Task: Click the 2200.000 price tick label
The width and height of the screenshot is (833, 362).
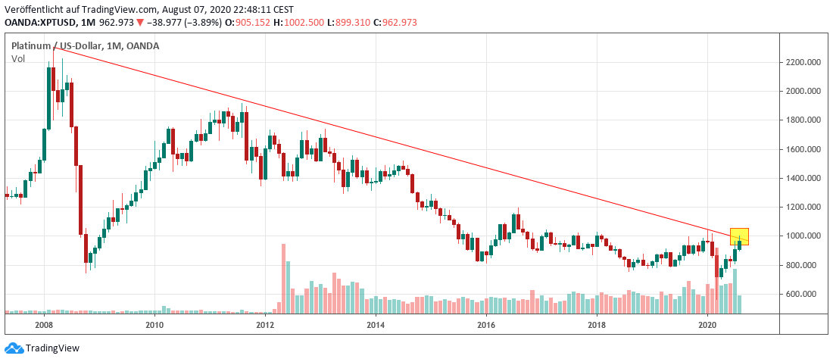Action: (804, 62)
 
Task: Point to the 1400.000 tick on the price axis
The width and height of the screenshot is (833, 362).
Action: (804, 178)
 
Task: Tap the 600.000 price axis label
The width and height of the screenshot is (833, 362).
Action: (804, 294)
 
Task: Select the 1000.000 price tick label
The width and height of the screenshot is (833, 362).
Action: (804, 236)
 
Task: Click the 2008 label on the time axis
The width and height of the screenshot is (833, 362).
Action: (44, 325)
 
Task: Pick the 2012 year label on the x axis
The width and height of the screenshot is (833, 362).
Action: (265, 325)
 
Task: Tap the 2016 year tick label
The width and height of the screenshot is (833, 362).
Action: (486, 325)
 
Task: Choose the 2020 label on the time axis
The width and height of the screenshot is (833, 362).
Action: (707, 325)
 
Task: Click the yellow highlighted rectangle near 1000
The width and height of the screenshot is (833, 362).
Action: (739, 236)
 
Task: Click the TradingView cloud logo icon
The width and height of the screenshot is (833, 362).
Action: (13, 348)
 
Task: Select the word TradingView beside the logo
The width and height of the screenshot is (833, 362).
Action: (52, 348)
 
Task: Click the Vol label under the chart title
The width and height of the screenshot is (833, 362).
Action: (18, 58)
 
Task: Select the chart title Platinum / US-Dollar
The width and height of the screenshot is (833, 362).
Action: (57, 46)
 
